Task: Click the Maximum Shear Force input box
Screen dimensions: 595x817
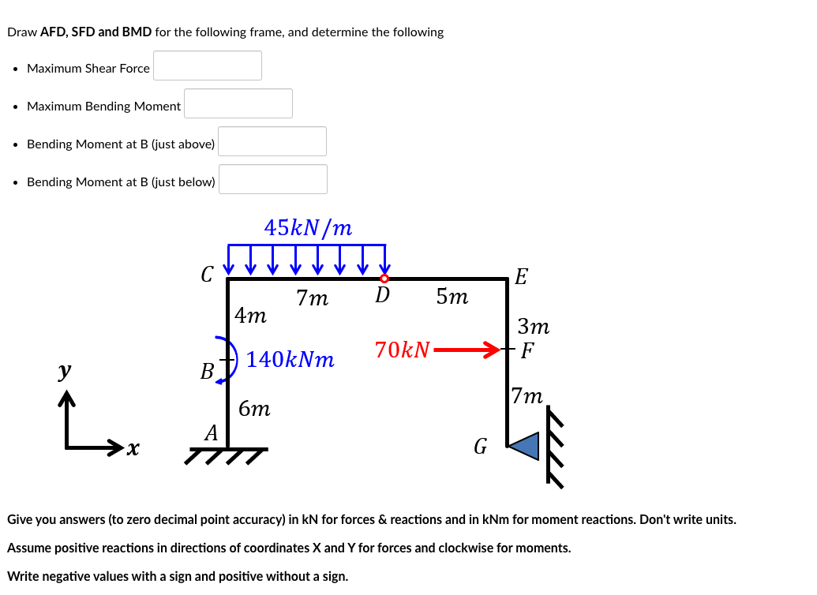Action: point(208,65)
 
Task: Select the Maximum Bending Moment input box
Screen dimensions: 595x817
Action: point(238,103)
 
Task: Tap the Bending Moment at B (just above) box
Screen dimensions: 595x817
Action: point(272,141)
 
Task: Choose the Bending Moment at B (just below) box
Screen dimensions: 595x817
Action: point(272,179)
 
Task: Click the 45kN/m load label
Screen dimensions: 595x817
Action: point(308,228)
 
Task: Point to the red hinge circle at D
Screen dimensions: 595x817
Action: point(384,278)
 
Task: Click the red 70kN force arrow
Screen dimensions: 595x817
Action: point(467,349)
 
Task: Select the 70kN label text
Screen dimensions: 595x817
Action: point(403,350)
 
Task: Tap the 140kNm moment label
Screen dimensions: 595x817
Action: point(290,361)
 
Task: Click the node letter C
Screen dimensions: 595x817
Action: point(207,275)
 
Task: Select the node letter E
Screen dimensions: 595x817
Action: point(522,277)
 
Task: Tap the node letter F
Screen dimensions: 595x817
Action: point(527,349)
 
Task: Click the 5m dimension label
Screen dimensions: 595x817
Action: point(452,297)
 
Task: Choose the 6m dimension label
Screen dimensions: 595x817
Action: point(254,409)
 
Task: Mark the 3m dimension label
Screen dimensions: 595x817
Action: point(534,326)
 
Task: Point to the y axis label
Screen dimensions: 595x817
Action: point(65,370)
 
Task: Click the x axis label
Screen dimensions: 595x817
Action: point(133,449)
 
